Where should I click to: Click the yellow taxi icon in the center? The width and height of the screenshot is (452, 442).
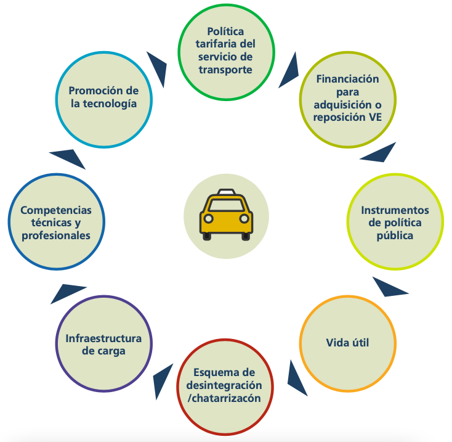(226, 215)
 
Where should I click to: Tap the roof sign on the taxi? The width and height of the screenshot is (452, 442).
(226, 192)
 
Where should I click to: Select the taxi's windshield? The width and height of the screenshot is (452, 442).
(226, 205)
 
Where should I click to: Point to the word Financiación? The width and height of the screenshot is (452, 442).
(347, 79)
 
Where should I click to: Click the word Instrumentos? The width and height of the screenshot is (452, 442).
(395, 211)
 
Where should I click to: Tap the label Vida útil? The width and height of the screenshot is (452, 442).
(347, 342)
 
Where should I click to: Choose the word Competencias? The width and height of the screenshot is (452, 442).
(56, 210)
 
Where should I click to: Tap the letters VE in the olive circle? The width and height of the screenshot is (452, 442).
(374, 118)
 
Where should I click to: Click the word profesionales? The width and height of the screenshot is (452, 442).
(56, 235)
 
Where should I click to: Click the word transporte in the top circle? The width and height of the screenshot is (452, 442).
(225, 70)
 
